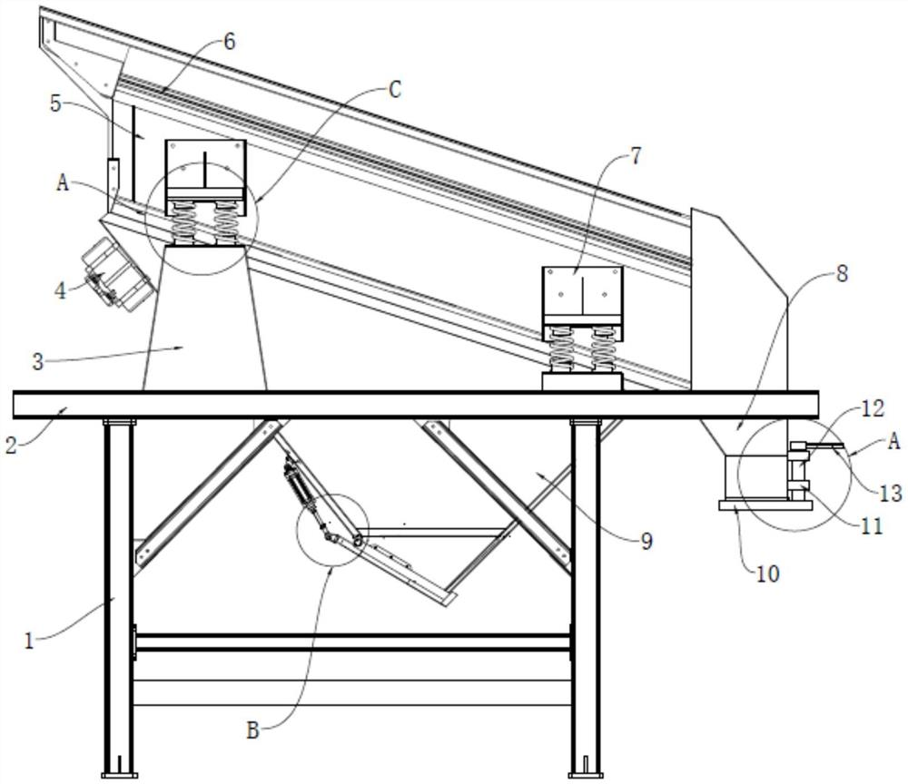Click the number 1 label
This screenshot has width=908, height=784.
coord(29,641)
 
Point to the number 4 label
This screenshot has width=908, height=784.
coord(61,290)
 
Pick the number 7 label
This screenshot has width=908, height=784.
coord(635,156)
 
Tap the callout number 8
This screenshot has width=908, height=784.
coord(843,272)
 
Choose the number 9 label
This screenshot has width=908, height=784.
coord(646,542)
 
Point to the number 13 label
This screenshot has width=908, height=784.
coord(891,493)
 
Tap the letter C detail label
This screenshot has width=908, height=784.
coord(393,89)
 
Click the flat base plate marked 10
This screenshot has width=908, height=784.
coord(764,505)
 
